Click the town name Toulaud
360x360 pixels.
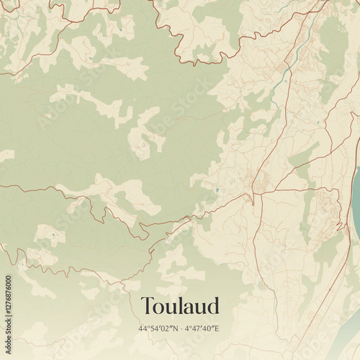[x=180, y=305]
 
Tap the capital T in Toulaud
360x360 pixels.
[x=148, y=305]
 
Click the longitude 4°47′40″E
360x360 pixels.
[x=202, y=328]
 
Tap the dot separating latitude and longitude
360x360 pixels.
[x=181, y=328]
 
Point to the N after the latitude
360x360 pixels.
[x=175, y=328]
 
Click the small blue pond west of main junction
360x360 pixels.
[x=217, y=190]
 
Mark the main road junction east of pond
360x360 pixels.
[x=253, y=193]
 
